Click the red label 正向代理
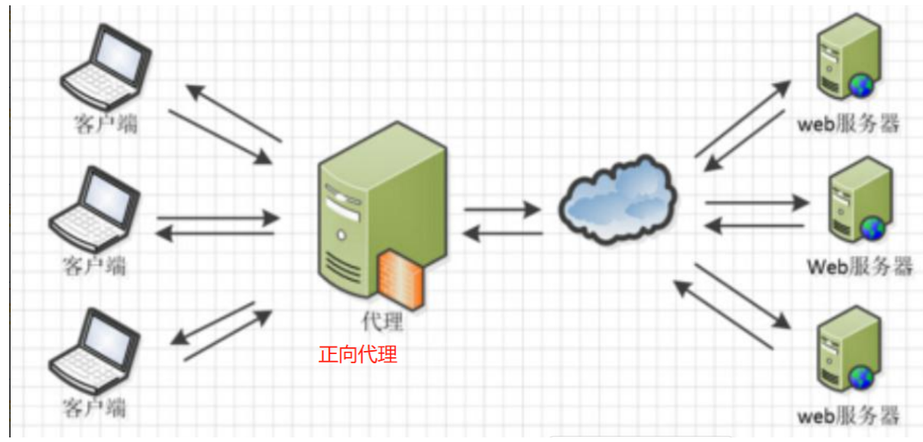click(358, 355)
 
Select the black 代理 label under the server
click(382, 321)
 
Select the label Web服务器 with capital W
click(860, 267)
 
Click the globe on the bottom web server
click(861, 377)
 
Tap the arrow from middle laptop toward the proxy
click(218, 218)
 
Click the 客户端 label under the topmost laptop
click(106, 125)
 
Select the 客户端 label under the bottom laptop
click(95, 406)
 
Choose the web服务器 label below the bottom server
click(848, 417)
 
